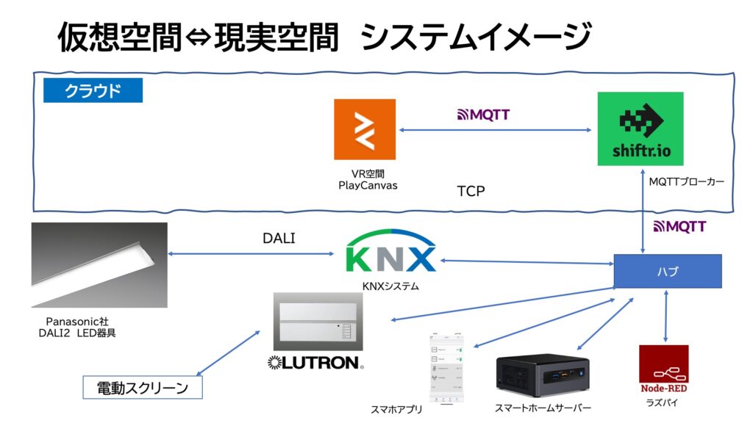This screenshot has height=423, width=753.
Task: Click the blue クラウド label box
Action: [93, 90]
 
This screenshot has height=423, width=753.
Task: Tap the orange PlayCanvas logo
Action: [364, 129]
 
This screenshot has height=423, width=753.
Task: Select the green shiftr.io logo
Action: [640, 129]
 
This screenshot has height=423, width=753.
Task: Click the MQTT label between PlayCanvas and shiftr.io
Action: [484, 115]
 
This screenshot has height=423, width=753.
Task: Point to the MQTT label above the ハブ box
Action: [674, 226]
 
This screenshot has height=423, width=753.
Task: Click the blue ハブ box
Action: [668, 271]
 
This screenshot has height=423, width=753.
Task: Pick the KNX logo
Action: [390, 254]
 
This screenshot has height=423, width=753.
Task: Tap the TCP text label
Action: [471, 191]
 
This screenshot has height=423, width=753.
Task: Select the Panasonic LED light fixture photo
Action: [99, 264]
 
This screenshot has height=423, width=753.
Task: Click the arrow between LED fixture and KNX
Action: [251, 254]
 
